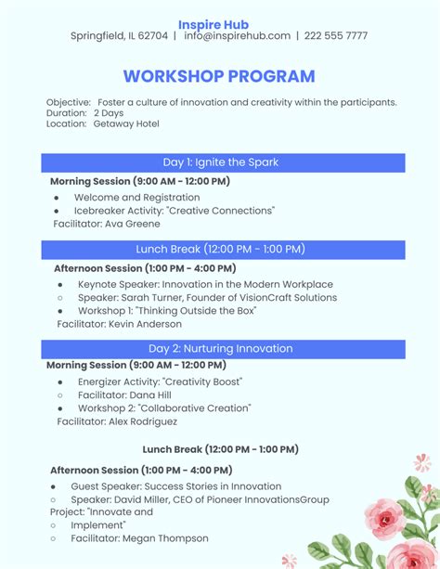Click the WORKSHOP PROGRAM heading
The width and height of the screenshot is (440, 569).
(219, 76)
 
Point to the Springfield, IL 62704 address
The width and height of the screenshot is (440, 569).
(119, 36)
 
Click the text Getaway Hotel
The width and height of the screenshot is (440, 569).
(126, 124)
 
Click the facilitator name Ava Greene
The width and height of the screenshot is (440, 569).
(132, 224)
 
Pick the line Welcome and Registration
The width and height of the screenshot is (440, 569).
(136, 198)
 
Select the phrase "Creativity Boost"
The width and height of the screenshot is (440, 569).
(202, 381)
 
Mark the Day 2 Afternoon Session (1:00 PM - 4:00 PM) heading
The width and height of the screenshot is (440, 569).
(141, 471)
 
